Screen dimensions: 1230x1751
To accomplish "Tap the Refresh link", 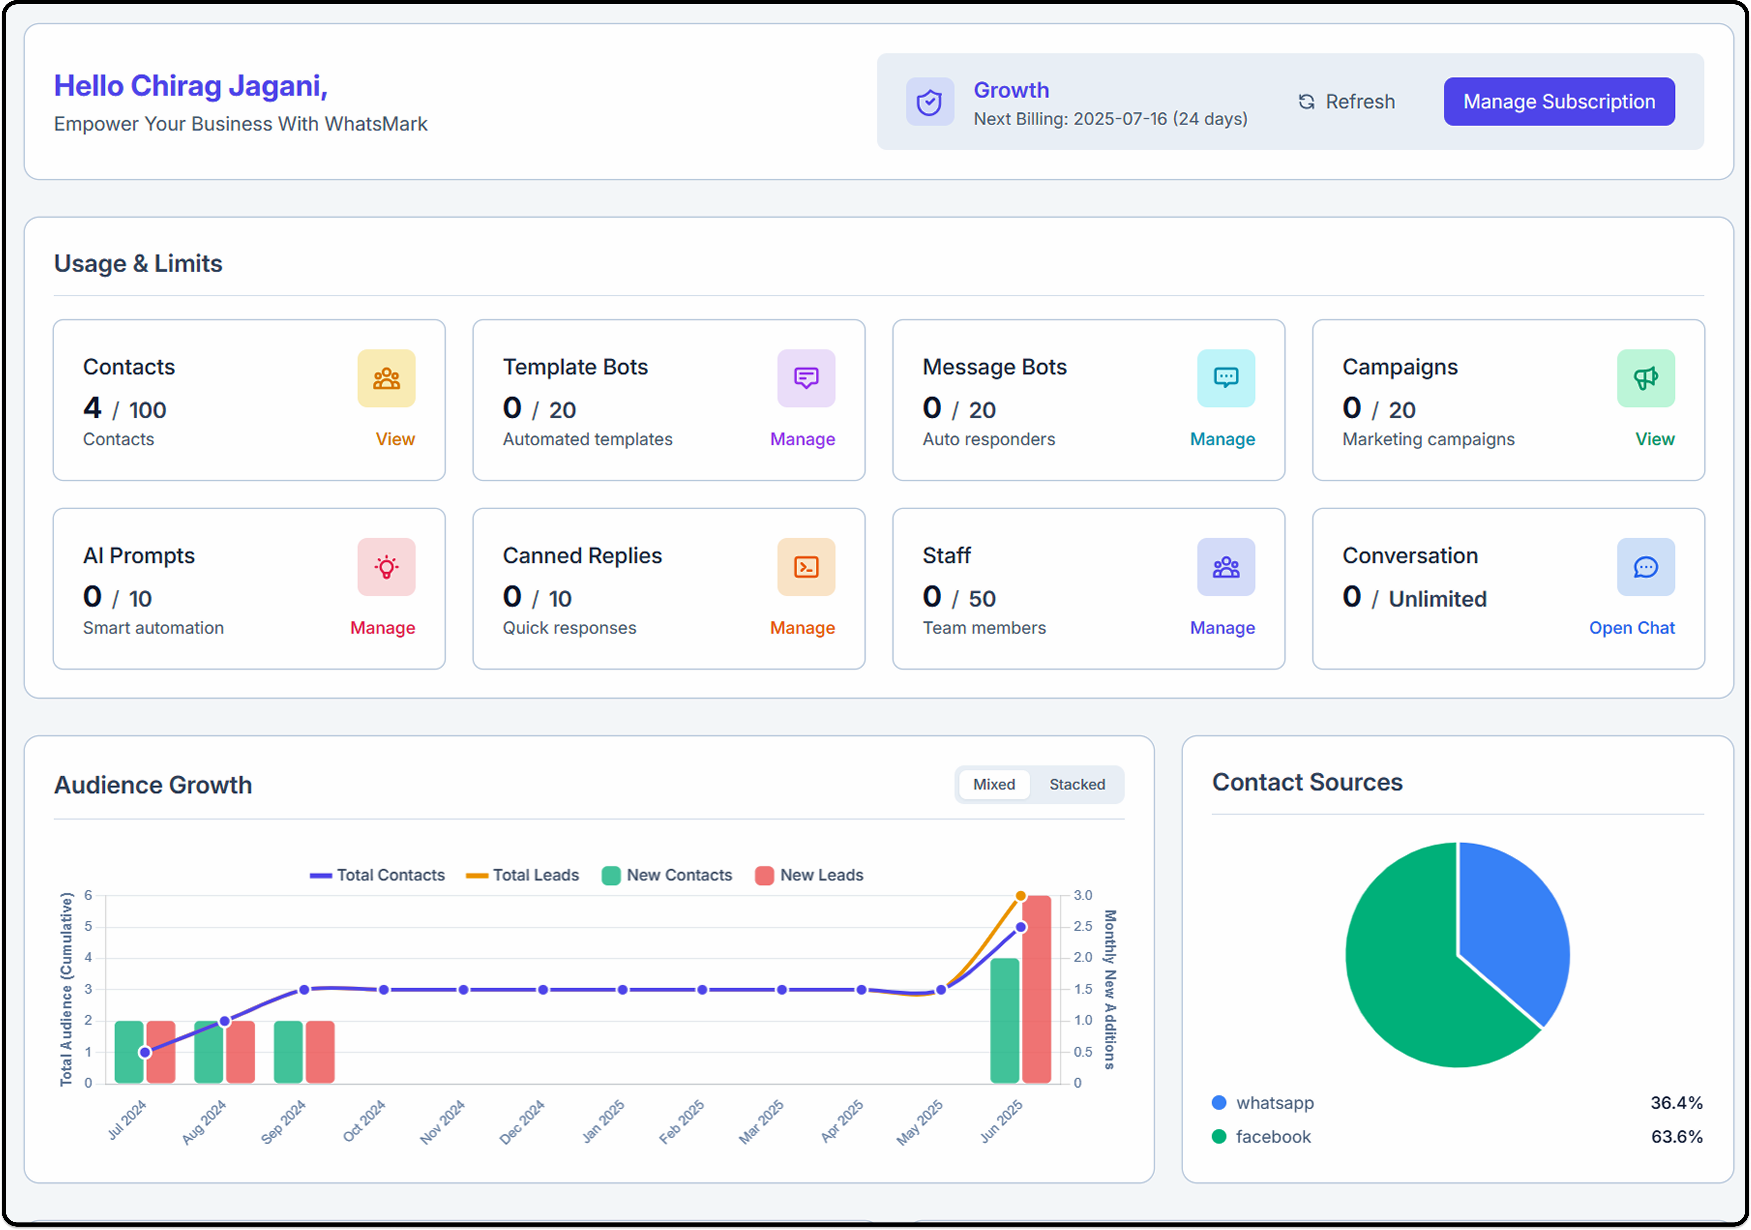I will (x=1347, y=102).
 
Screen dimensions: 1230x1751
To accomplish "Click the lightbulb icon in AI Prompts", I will (x=386, y=567).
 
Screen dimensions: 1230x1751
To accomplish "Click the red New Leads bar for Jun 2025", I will (x=1036, y=992).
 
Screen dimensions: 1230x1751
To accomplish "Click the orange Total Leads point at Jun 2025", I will (x=1020, y=896).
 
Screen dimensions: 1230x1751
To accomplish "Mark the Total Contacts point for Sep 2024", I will (x=304, y=990).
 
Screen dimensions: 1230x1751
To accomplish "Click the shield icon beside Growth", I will (x=929, y=102).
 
